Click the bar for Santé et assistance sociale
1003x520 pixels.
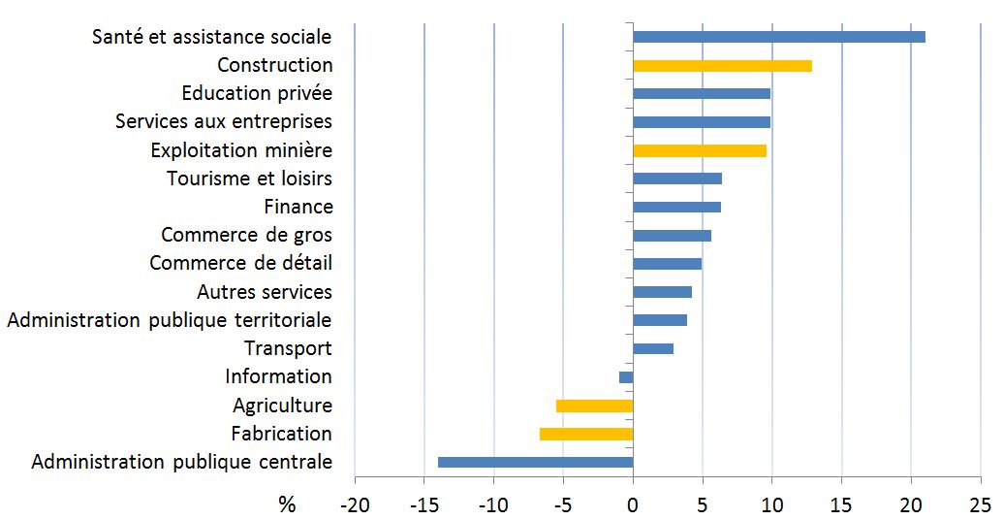point(778,37)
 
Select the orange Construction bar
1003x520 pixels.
point(722,66)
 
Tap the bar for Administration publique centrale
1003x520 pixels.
point(535,462)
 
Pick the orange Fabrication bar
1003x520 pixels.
point(586,434)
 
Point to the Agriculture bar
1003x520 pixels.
point(594,406)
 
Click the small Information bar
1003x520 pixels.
point(626,377)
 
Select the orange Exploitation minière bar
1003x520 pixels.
point(699,150)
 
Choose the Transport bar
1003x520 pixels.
point(652,348)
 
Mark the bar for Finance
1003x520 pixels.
point(676,207)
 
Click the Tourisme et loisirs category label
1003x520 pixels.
point(249,179)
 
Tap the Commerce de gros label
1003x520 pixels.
point(246,235)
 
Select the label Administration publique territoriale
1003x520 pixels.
point(169,320)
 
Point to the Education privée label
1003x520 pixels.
point(257,93)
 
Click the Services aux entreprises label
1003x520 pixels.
point(223,122)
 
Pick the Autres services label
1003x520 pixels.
point(264,292)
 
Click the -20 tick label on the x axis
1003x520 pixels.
point(354,504)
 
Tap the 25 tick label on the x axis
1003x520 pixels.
point(980,504)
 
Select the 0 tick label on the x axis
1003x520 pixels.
point(633,504)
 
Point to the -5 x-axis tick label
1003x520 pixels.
point(562,504)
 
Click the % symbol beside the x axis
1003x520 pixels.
point(287,504)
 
